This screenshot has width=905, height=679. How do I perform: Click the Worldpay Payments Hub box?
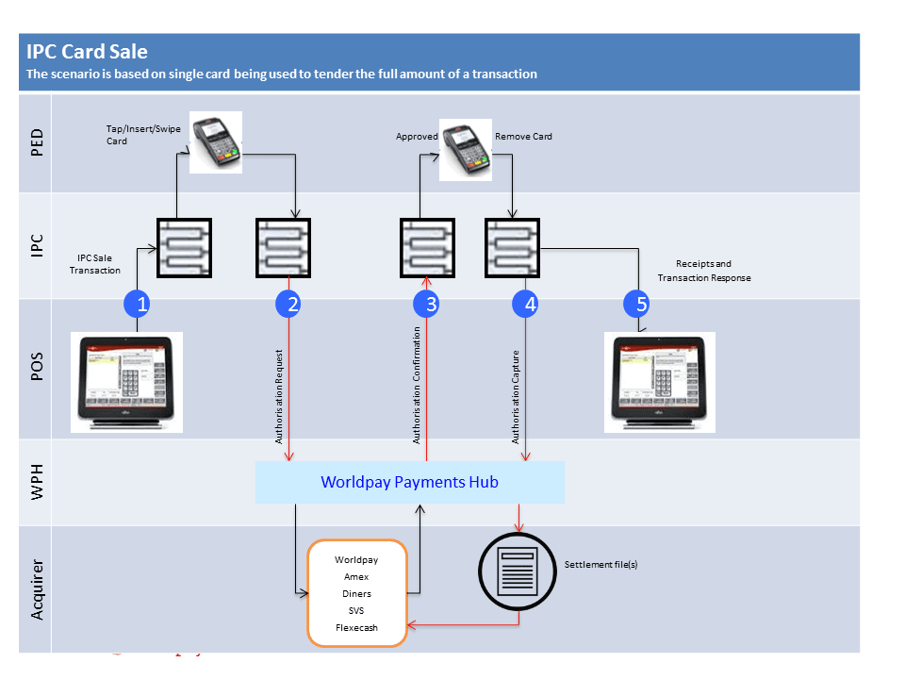[409, 482]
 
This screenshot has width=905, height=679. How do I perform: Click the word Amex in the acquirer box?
[356, 577]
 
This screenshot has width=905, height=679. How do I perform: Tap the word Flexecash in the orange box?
[356, 627]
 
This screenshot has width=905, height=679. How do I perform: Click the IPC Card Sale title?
[87, 52]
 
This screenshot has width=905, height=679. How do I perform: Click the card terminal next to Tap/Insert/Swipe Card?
[216, 141]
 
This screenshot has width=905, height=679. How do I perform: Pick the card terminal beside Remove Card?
[466, 149]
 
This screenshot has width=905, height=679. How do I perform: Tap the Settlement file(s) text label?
[601, 564]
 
